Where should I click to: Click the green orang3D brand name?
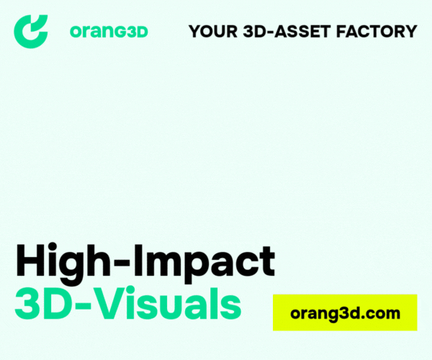pos(109,32)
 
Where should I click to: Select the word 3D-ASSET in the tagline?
pos(287,31)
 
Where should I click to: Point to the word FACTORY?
pos(377,31)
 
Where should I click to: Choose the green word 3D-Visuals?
pos(128,303)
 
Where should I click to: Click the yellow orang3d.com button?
pos(345,312)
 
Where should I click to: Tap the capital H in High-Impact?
pos(30,260)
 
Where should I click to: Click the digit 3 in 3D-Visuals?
pos(27,303)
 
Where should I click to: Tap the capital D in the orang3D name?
pos(141,32)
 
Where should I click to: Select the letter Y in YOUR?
pos(195,31)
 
